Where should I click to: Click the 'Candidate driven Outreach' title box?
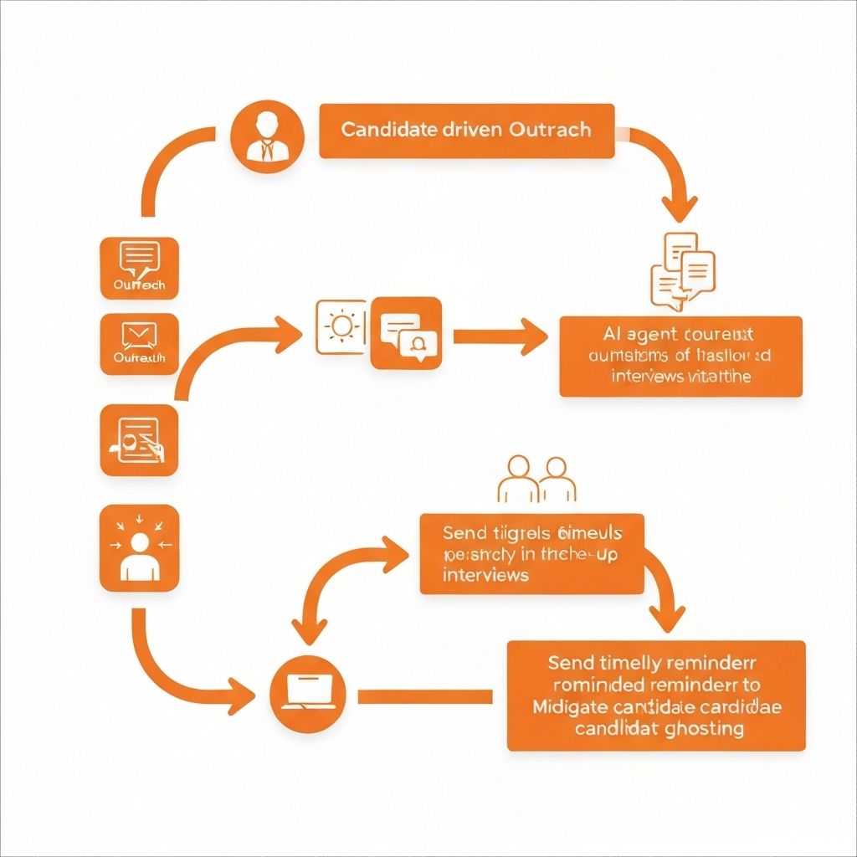pyautogui.click(x=467, y=131)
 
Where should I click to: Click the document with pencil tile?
pyautogui.click(x=139, y=440)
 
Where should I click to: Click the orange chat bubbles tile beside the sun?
pyautogui.click(x=406, y=332)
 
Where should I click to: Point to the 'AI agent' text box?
pyautogui.click(x=680, y=356)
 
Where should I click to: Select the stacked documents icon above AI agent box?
pyautogui.click(x=682, y=266)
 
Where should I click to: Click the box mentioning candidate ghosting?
pyautogui.click(x=656, y=695)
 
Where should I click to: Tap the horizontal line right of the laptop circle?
pyautogui.click(x=425, y=696)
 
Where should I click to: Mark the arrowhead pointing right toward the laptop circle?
pyautogui.click(x=241, y=694)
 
